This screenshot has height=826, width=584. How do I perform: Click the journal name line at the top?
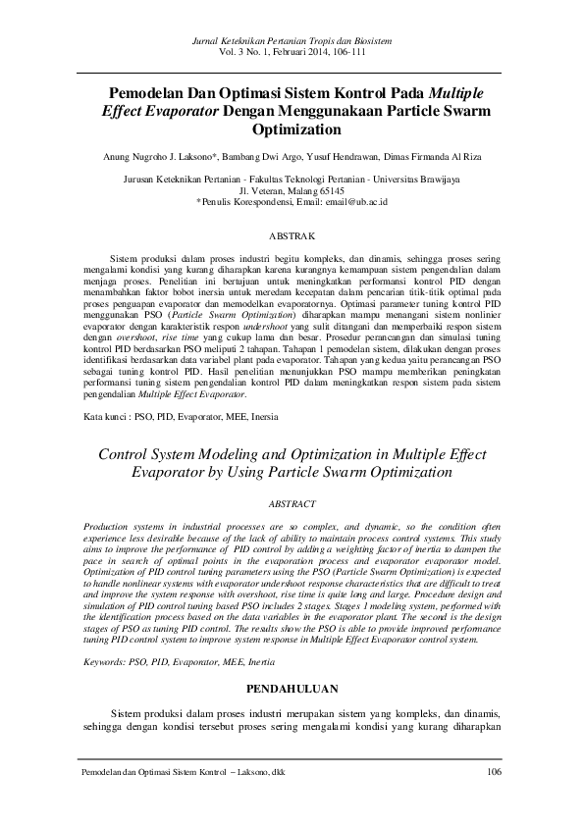[x=292, y=40]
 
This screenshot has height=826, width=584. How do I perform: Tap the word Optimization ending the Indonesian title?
[x=292, y=129]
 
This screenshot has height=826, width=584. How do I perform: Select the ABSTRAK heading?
[x=292, y=236]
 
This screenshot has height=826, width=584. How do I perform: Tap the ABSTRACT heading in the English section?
[x=292, y=503]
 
